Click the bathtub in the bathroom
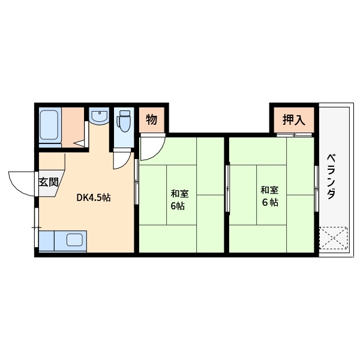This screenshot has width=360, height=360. pyautogui.click(x=49, y=125)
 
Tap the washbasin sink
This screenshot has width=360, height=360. pyautogui.click(x=99, y=116)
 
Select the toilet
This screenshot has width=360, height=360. pyautogui.click(x=124, y=121)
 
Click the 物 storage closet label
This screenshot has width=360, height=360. pyautogui.click(x=152, y=119)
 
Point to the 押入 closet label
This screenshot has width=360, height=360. pyautogui.click(x=294, y=119)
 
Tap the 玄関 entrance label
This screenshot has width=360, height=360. pyautogui.click(x=49, y=182)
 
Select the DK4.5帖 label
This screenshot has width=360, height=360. pyautogui.click(x=94, y=197)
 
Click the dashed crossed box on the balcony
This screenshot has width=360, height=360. pyautogui.click(x=334, y=238)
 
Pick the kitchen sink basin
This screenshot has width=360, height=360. pyautogui.click(x=74, y=239)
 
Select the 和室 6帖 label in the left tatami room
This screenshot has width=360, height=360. pyautogui.click(x=179, y=200)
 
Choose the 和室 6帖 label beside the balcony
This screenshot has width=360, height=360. pyautogui.click(x=269, y=196)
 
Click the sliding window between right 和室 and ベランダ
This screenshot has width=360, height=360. pyautogui.click(x=317, y=188)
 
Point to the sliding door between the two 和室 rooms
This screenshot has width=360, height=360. pyautogui.click(x=227, y=188)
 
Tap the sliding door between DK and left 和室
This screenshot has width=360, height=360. pyautogui.click(x=136, y=181)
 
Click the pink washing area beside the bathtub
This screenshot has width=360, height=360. pyautogui.click(x=73, y=127)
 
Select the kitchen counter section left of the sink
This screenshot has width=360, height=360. pyautogui.click(x=47, y=241)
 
